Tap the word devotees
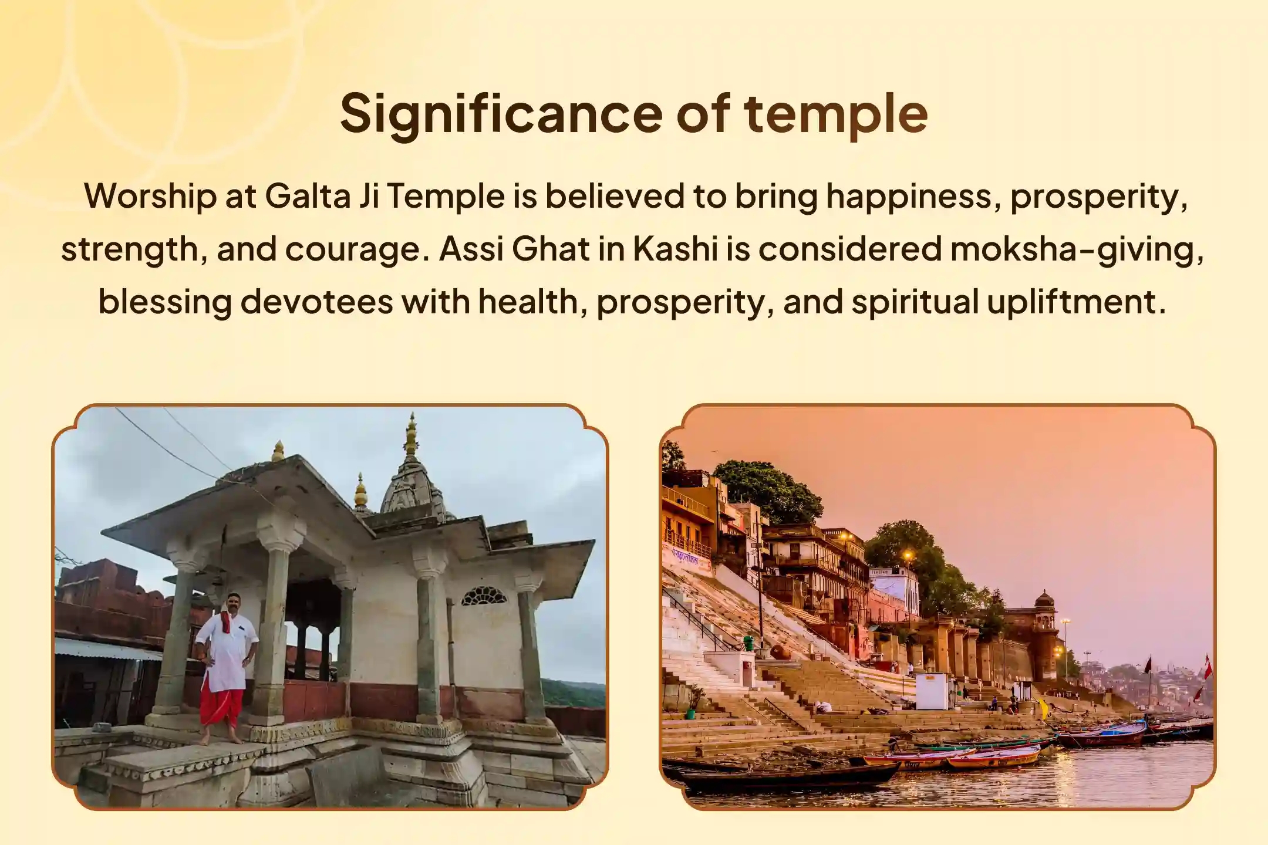pos(316,302)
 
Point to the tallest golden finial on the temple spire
pos(412,432)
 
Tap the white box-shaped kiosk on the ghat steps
pos(931,691)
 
